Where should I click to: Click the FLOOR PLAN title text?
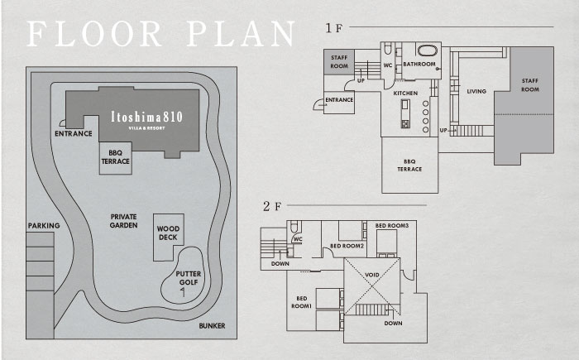[161, 34]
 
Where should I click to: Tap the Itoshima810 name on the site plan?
[146, 117]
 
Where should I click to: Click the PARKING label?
[44, 225]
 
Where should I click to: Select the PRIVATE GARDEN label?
[124, 221]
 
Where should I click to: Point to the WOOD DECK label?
[168, 233]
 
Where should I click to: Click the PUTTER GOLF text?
[189, 278]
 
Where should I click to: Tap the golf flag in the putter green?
[183, 292]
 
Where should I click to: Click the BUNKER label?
[212, 325]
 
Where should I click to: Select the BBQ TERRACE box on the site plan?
[116, 158]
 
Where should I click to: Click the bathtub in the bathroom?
[427, 50]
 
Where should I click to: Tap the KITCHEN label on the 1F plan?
[405, 94]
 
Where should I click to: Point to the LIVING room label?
[476, 91]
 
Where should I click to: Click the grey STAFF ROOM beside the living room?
[524, 105]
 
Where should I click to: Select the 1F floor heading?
[334, 28]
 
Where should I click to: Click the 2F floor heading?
[272, 206]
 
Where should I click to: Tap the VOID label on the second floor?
[372, 275]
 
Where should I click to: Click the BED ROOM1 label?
[302, 302]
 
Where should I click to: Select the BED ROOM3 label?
[392, 225]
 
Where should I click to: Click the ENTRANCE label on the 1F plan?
[339, 100]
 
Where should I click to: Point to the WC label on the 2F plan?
[298, 239]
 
